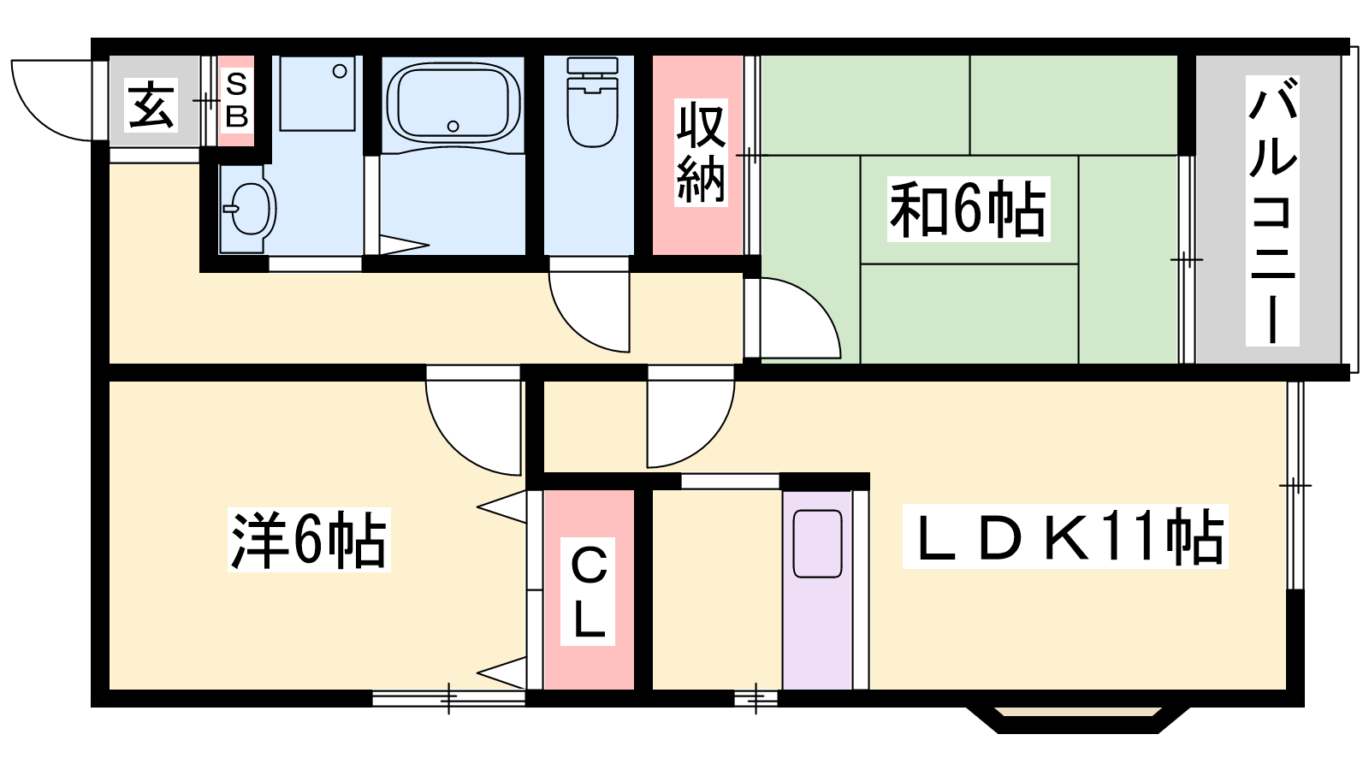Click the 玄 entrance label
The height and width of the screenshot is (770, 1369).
pyautogui.click(x=151, y=104)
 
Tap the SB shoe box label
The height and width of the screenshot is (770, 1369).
pyautogui.click(x=236, y=100)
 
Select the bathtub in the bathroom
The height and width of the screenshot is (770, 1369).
pyautogui.click(x=453, y=104)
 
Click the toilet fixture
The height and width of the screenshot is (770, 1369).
pyautogui.click(x=591, y=102)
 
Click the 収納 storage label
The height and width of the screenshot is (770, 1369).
pyautogui.click(x=701, y=152)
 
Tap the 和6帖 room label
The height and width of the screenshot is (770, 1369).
pyautogui.click(x=968, y=209)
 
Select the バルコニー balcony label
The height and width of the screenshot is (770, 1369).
pyautogui.click(x=1271, y=210)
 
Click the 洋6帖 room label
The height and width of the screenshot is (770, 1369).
pyautogui.click(x=309, y=540)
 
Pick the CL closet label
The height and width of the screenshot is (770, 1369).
pyautogui.click(x=588, y=591)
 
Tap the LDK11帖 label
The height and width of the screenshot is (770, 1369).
pyautogui.click(x=1065, y=536)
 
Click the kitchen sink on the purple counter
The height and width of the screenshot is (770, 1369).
pyautogui.click(x=818, y=544)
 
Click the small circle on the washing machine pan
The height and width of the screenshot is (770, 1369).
pyautogui.click(x=340, y=72)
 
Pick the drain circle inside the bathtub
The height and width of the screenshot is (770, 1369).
pyautogui.click(x=453, y=127)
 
